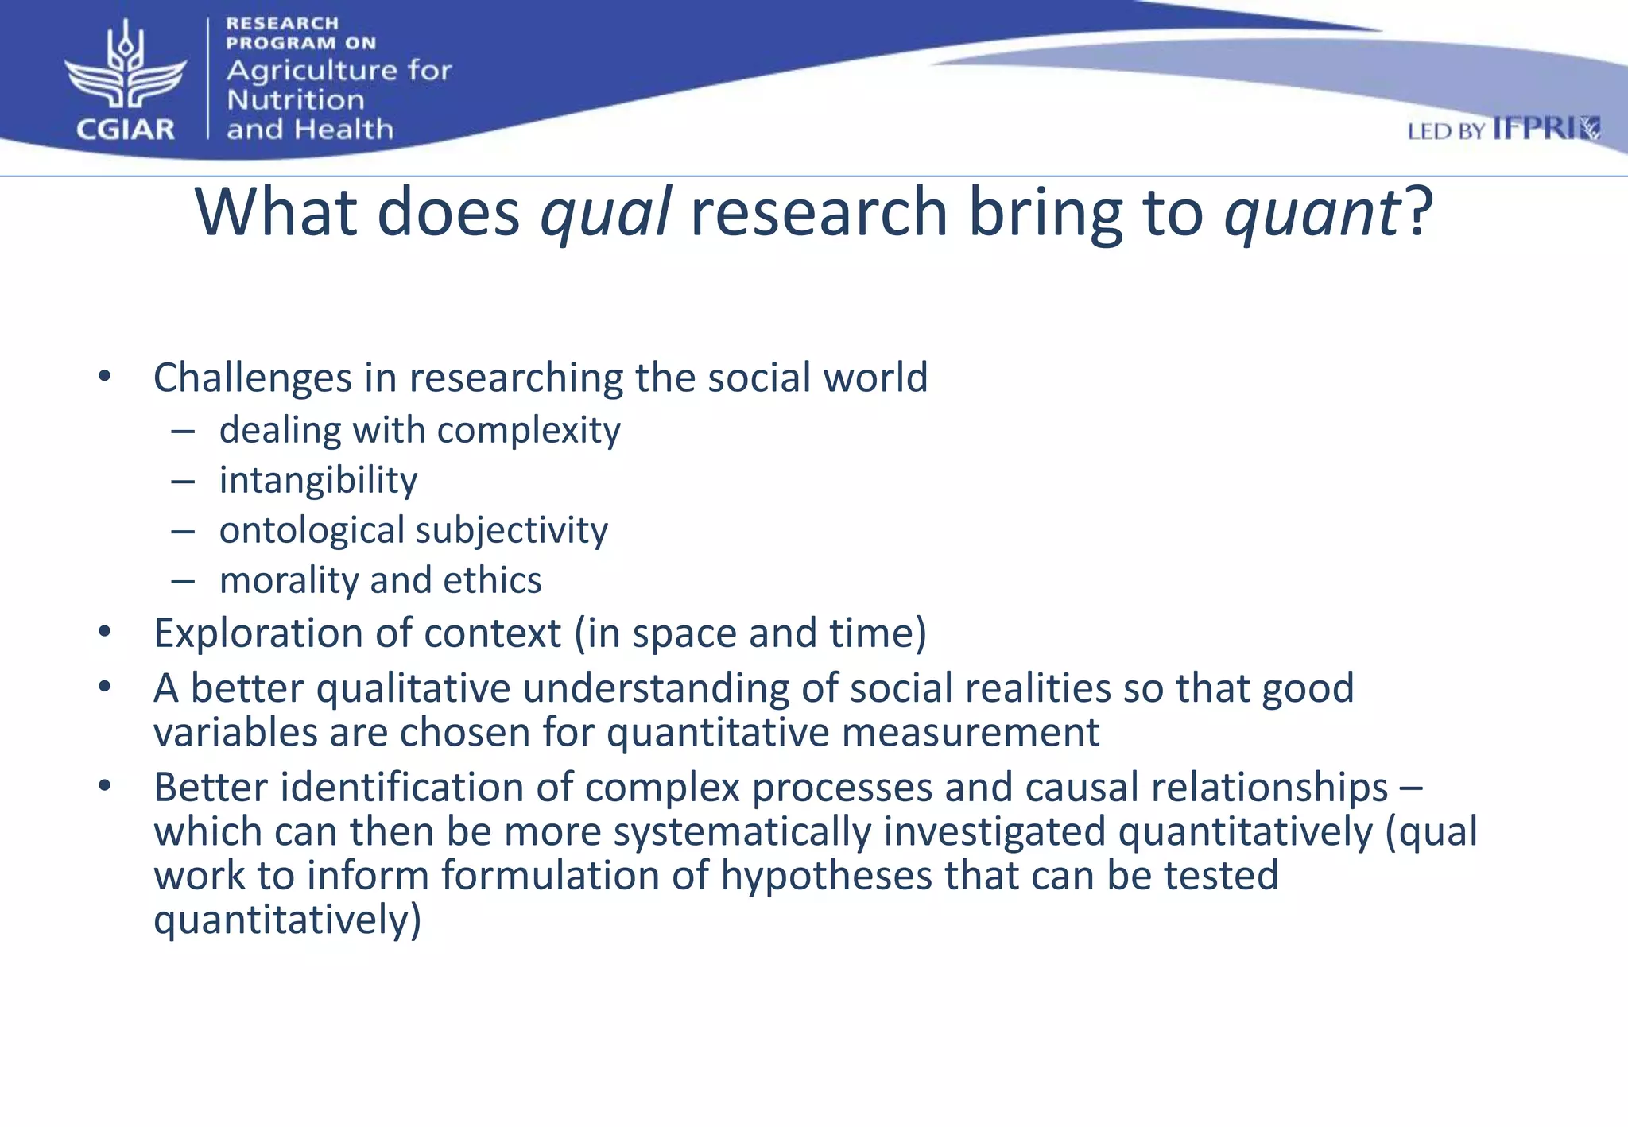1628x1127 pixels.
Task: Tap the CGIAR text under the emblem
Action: [x=126, y=129]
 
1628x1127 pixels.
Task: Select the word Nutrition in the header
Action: [x=296, y=100]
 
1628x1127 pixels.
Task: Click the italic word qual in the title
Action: [x=606, y=213]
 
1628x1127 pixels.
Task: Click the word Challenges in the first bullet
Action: [x=252, y=378]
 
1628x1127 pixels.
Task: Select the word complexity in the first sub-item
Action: [x=529, y=431]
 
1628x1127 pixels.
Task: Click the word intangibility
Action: [x=318, y=480]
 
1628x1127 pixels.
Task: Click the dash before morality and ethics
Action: [x=183, y=582]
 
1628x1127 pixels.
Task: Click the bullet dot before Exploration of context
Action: [x=105, y=633]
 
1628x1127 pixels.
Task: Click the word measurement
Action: [x=970, y=732]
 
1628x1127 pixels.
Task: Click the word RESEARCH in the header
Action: [x=282, y=24]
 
